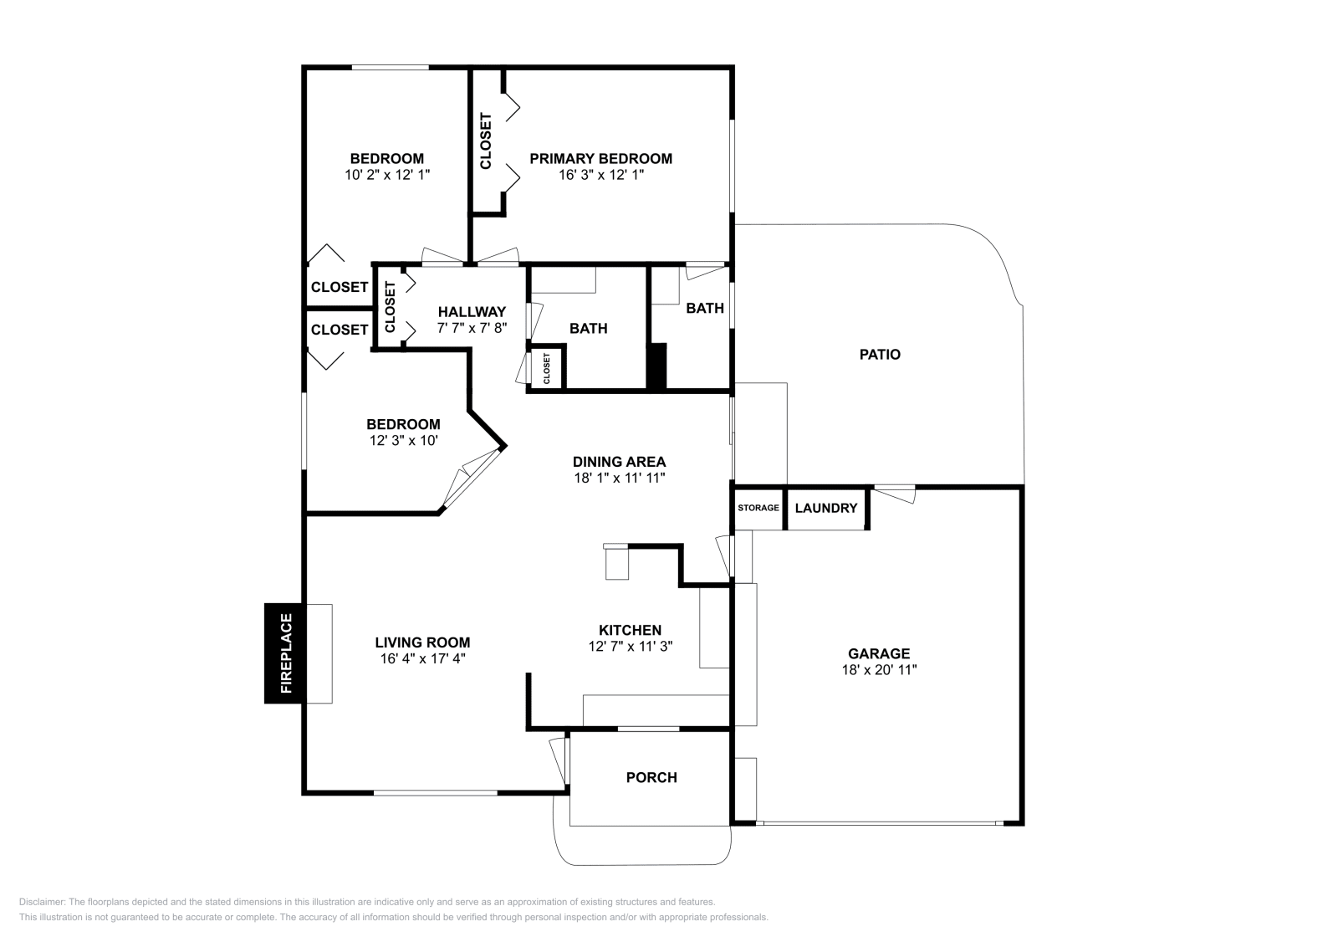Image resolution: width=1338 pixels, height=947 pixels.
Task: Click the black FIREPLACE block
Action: pyautogui.click(x=285, y=653)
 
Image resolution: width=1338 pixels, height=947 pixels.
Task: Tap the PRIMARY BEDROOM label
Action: pyautogui.click(x=601, y=158)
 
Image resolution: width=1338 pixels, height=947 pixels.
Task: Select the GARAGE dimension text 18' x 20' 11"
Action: pyautogui.click(x=879, y=669)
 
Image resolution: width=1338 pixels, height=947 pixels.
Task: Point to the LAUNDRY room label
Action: pyautogui.click(x=826, y=508)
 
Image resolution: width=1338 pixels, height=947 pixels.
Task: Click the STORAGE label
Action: pyautogui.click(x=758, y=508)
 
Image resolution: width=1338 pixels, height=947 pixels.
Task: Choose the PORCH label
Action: pyautogui.click(x=651, y=777)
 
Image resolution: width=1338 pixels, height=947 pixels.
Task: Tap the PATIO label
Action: pyautogui.click(x=880, y=355)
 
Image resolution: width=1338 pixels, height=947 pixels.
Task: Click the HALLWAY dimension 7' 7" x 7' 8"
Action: pyautogui.click(x=472, y=327)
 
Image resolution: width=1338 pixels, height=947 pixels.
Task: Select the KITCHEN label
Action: pyautogui.click(x=631, y=630)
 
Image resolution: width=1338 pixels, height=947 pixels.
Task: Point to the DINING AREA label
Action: pyautogui.click(x=620, y=461)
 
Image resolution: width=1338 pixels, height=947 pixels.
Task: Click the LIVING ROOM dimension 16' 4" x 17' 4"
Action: pyautogui.click(x=423, y=658)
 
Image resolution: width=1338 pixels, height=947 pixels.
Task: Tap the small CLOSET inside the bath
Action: pyautogui.click(x=547, y=368)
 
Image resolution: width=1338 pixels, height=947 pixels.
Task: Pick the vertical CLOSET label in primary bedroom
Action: pyautogui.click(x=486, y=141)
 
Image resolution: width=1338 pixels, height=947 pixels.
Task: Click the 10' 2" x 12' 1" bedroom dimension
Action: pyautogui.click(x=387, y=175)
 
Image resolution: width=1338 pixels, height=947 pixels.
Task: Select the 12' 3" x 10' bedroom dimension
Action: pyautogui.click(x=404, y=440)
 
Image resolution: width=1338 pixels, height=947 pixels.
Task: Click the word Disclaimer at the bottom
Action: pyautogui.click(x=41, y=902)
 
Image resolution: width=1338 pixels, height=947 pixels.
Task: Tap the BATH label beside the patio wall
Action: pyautogui.click(x=705, y=308)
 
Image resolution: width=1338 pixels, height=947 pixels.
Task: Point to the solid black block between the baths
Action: pyautogui.click(x=657, y=366)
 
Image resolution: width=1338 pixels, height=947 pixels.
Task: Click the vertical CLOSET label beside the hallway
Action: pyautogui.click(x=390, y=306)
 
